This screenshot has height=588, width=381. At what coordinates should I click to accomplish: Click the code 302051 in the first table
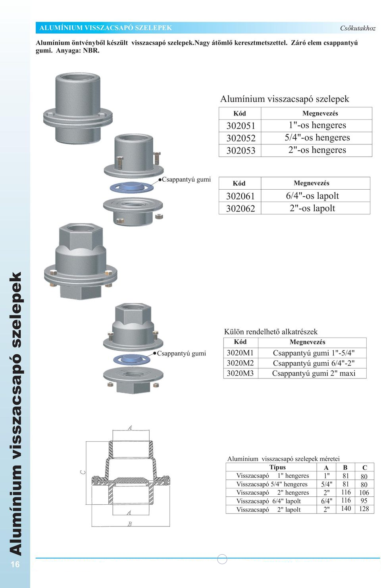click(x=241, y=126)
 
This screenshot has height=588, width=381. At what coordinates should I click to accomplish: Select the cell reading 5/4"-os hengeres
click(x=317, y=138)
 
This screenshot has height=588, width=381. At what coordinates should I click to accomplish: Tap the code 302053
click(x=241, y=150)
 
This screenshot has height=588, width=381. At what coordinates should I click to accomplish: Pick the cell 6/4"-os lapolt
click(x=312, y=196)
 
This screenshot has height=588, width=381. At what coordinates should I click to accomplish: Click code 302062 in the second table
click(x=240, y=208)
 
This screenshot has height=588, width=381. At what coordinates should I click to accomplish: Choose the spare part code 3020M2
click(x=240, y=363)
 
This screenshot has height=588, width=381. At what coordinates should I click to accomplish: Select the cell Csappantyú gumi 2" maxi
click(x=314, y=373)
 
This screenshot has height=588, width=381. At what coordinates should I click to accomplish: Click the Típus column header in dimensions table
click(x=277, y=467)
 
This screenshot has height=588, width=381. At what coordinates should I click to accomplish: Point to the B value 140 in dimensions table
click(x=346, y=509)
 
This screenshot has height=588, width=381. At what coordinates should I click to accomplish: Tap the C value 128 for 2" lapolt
click(x=364, y=509)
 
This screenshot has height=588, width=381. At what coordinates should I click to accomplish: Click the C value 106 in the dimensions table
click(x=364, y=492)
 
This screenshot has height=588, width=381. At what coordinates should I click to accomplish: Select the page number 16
click(x=15, y=564)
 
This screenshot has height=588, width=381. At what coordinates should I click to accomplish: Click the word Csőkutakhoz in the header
click(x=358, y=28)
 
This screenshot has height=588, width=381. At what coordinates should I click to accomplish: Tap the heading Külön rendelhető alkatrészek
click(x=271, y=332)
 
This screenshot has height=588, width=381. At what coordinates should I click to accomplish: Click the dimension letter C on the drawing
click(x=83, y=472)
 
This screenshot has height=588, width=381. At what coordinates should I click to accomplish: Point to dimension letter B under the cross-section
click(x=129, y=524)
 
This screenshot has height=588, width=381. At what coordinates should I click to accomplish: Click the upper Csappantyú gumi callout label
click(x=186, y=180)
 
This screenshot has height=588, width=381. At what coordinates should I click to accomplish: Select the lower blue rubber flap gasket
click(x=131, y=359)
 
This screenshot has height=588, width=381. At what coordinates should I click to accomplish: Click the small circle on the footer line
click(x=222, y=559)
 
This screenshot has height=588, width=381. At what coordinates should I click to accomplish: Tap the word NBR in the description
click(x=91, y=50)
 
